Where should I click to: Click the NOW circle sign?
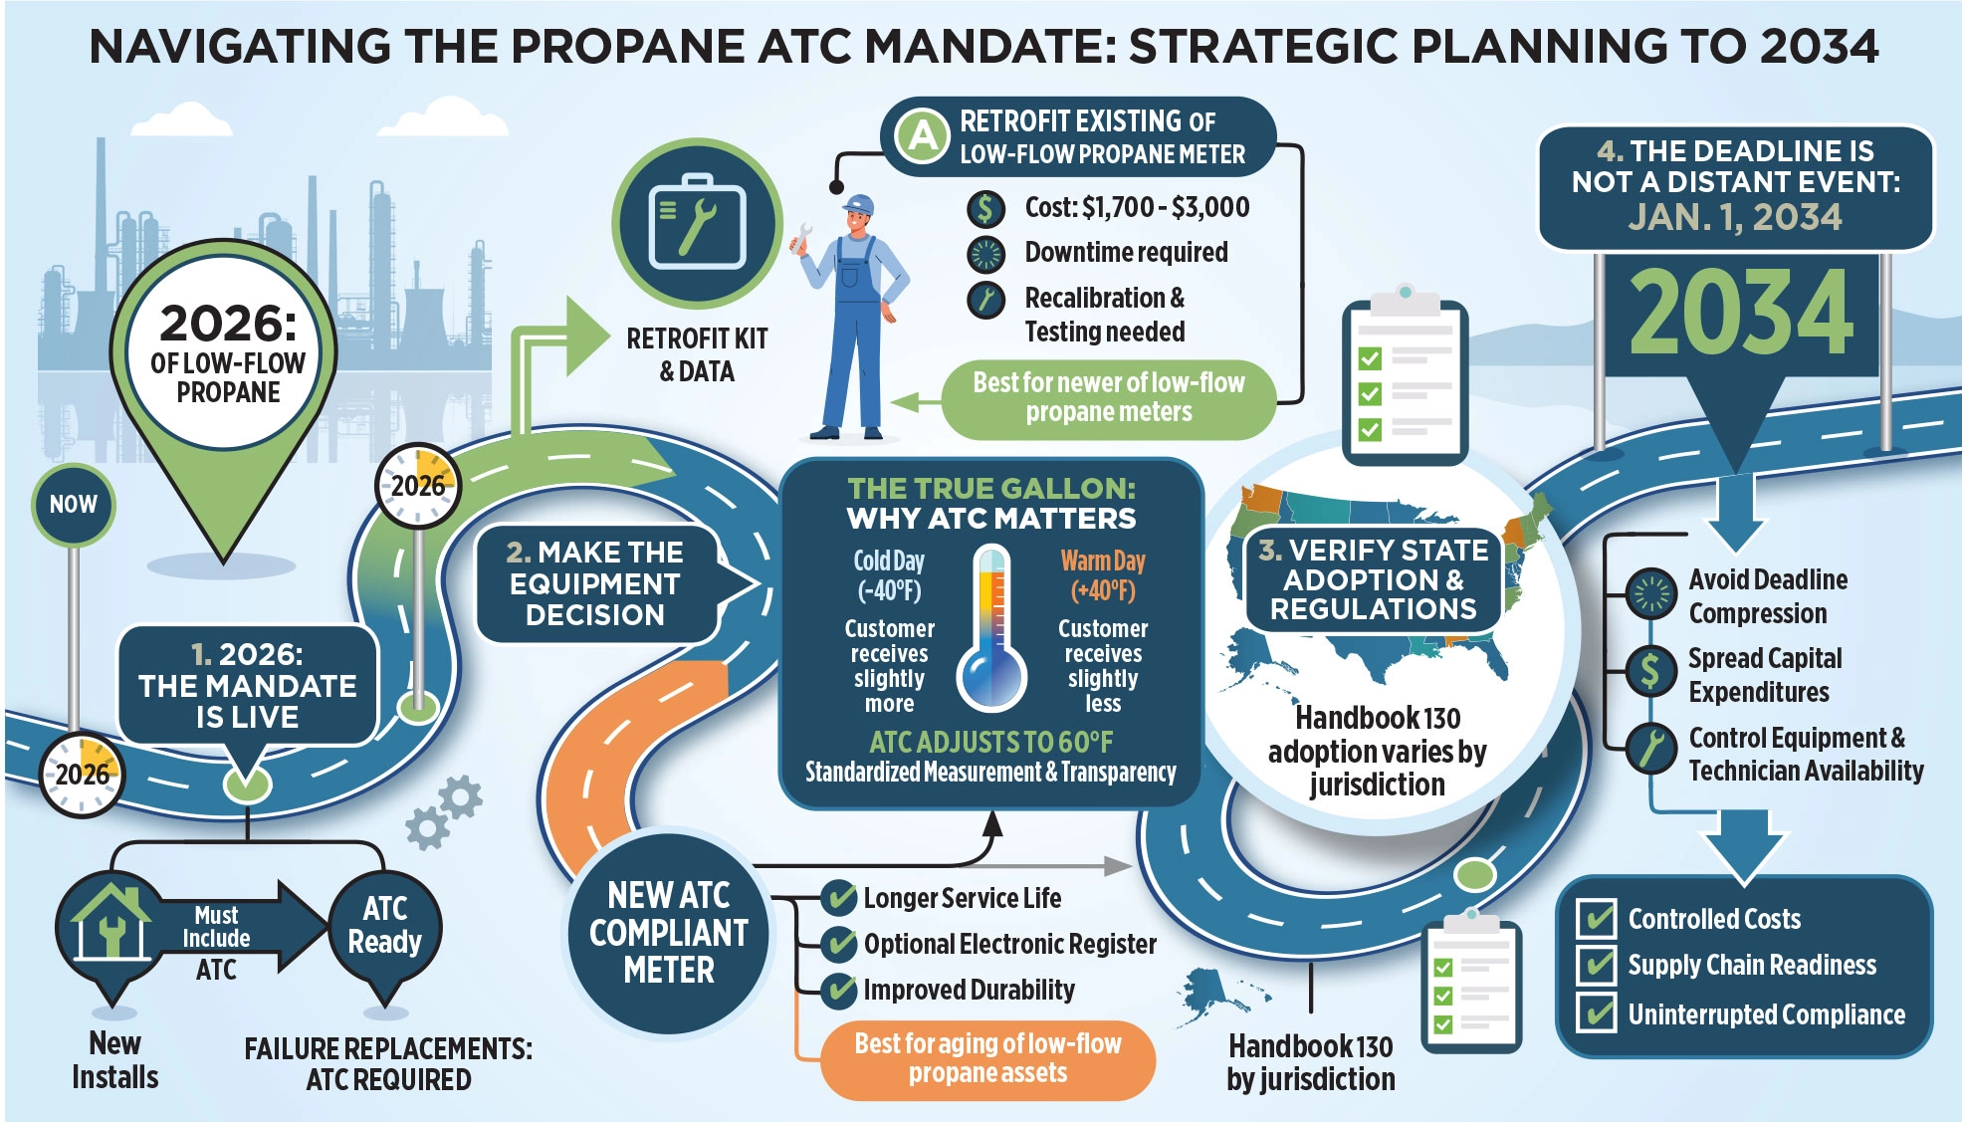tap(74, 504)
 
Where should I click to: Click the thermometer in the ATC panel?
tap(991, 627)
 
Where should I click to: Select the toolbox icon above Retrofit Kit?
tap(697, 224)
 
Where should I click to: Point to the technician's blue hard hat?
tap(859, 204)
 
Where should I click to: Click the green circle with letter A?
tap(923, 135)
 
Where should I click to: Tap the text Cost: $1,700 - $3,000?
tap(1137, 207)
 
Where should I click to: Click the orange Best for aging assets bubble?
tap(987, 1058)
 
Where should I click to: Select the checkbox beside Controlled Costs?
tap(1597, 918)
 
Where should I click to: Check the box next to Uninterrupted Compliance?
tap(1597, 1013)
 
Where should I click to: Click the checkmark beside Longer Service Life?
tap(839, 898)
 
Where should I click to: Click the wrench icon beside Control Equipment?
tap(1650, 749)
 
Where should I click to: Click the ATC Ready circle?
tap(385, 926)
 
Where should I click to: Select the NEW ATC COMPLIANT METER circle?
tap(668, 932)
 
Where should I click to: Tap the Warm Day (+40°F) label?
tap(1103, 575)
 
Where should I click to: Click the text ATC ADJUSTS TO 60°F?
tap(990, 742)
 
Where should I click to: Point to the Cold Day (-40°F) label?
tap(889, 575)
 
